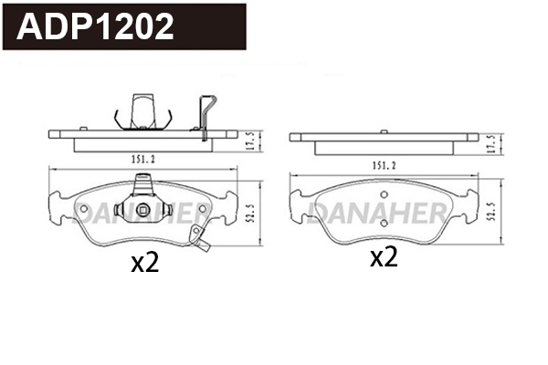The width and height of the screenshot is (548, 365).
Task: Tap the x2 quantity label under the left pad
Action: [145, 264]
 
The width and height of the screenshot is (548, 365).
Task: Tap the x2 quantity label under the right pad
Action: [384, 257]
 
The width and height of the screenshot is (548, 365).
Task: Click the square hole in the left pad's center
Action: [142, 211]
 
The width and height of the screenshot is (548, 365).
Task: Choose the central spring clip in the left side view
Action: [140, 110]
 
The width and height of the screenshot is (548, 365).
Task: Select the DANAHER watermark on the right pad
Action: [378, 213]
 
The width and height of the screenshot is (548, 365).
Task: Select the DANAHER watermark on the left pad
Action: [137, 213]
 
